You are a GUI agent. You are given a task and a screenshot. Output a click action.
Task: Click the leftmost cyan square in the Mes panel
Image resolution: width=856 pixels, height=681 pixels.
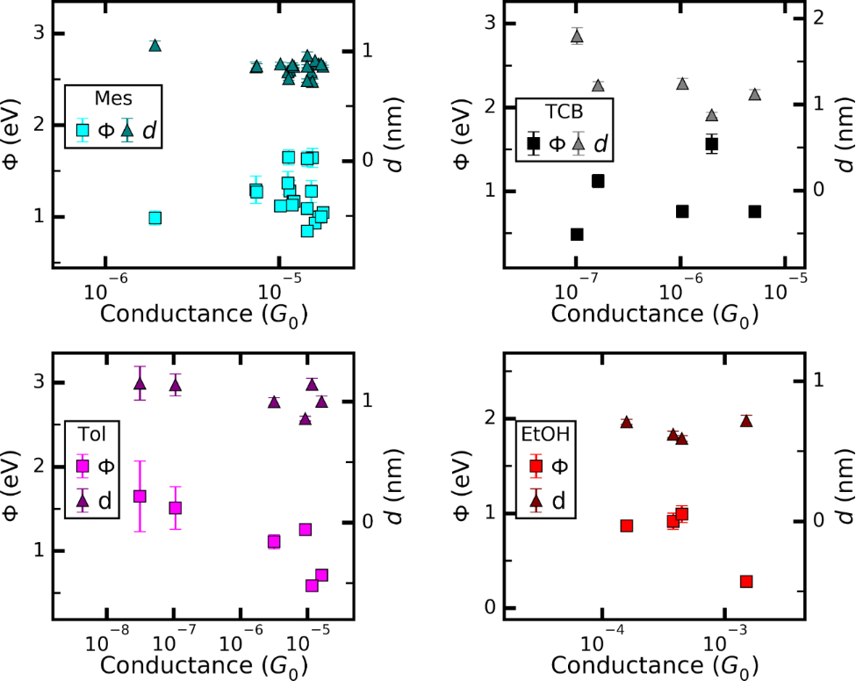tap(155, 218)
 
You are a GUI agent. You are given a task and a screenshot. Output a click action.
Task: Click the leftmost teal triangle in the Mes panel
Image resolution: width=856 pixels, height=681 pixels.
tap(155, 46)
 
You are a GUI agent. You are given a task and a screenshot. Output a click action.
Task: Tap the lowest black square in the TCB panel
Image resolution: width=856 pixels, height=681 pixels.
tap(577, 235)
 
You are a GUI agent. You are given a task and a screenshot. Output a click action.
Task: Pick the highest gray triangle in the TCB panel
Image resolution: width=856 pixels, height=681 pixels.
tap(577, 35)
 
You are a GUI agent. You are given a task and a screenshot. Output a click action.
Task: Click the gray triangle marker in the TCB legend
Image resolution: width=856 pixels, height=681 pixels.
tap(578, 143)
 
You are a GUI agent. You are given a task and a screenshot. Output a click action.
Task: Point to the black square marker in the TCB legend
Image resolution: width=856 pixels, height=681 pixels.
tap(533, 143)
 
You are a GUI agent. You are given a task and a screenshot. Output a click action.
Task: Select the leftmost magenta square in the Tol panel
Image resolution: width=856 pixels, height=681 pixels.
tap(140, 496)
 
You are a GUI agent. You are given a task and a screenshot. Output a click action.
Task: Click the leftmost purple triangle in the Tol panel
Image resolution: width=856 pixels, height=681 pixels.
tap(140, 384)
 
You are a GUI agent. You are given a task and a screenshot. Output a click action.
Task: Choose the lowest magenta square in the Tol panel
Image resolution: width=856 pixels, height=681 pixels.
tap(312, 586)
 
